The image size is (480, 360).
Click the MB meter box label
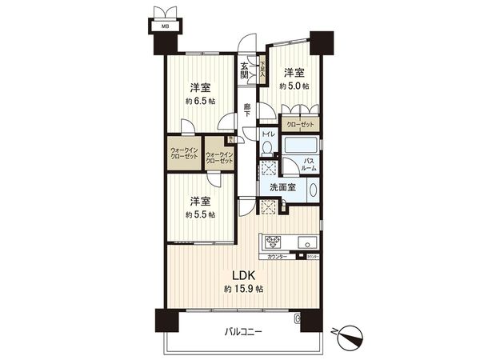tap(166, 27)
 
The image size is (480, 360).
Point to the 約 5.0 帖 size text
tap(294, 85)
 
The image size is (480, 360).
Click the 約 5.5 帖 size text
tap(199, 214)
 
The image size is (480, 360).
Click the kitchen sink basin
tap(307, 242)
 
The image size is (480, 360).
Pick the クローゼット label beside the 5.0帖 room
tap(298, 126)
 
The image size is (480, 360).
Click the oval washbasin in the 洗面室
tap(313, 191)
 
